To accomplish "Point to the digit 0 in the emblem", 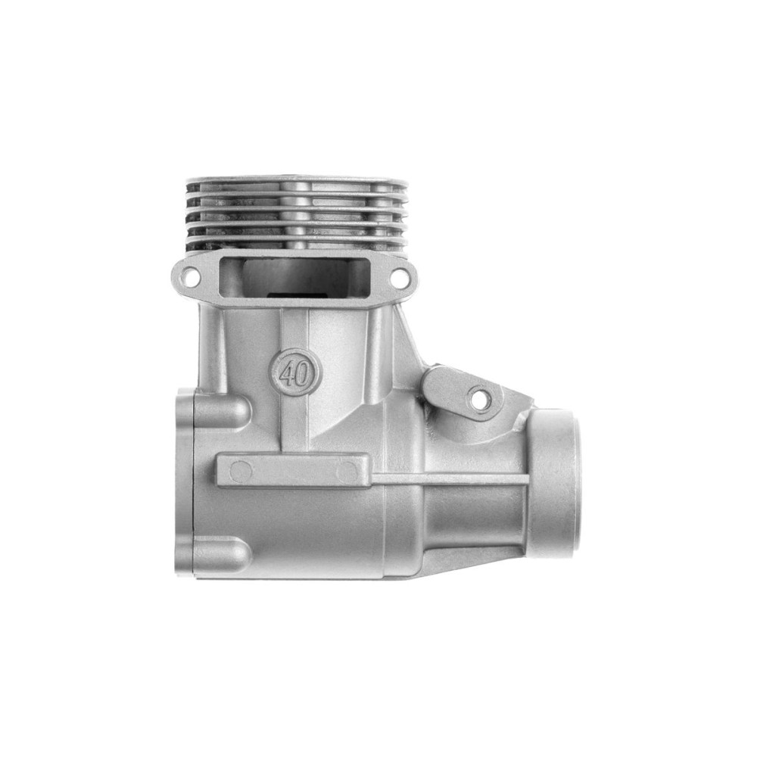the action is (x=302, y=373).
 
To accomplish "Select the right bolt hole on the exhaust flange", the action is (x=398, y=276).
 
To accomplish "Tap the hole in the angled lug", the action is (x=479, y=398).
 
